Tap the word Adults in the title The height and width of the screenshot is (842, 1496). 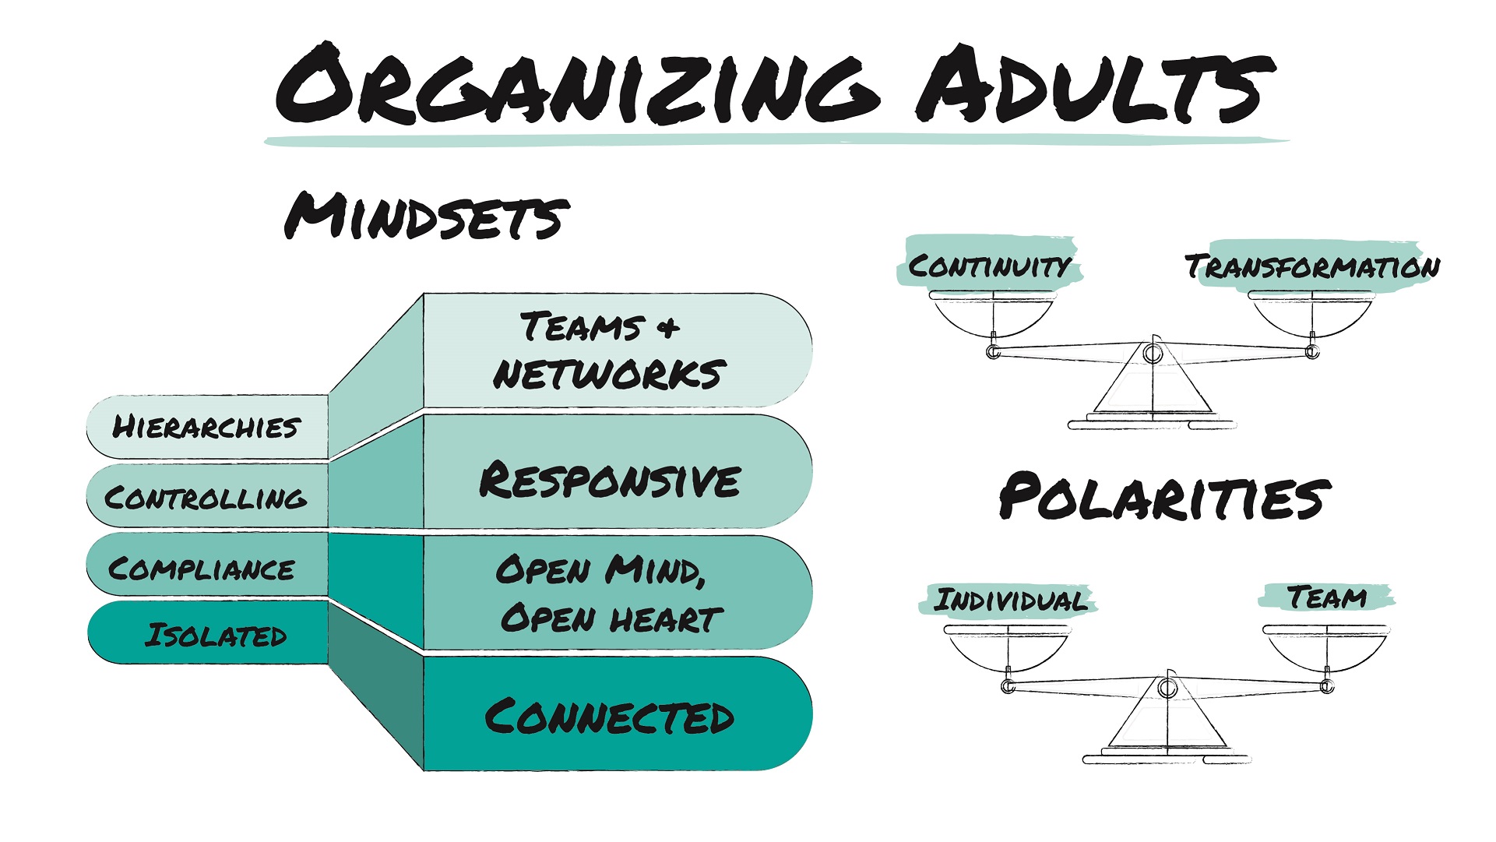[x=1094, y=86]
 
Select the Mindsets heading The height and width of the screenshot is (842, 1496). [x=426, y=216]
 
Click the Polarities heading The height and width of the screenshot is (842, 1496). [x=1164, y=497]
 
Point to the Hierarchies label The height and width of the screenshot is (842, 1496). [x=206, y=427]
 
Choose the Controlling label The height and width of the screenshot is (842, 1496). [x=206, y=497]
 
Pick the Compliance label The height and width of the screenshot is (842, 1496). [x=202, y=568]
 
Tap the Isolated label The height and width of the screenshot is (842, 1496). [x=216, y=636]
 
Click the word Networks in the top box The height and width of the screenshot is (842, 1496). [x=610, y=375]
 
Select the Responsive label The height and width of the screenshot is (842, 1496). [x=610, y=480]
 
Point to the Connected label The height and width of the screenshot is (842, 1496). [x=610, y=717]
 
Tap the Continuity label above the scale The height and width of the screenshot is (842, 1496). [x=989, y=266]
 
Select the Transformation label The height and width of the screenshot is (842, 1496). [x=1312, y=266]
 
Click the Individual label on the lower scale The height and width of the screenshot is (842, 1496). [x=1010, y=601]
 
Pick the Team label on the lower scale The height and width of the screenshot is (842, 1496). [x=1326, y=597]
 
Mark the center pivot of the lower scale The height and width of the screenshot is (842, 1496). [x=1167, y=688]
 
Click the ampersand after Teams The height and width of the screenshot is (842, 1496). [x=667, y=327]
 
